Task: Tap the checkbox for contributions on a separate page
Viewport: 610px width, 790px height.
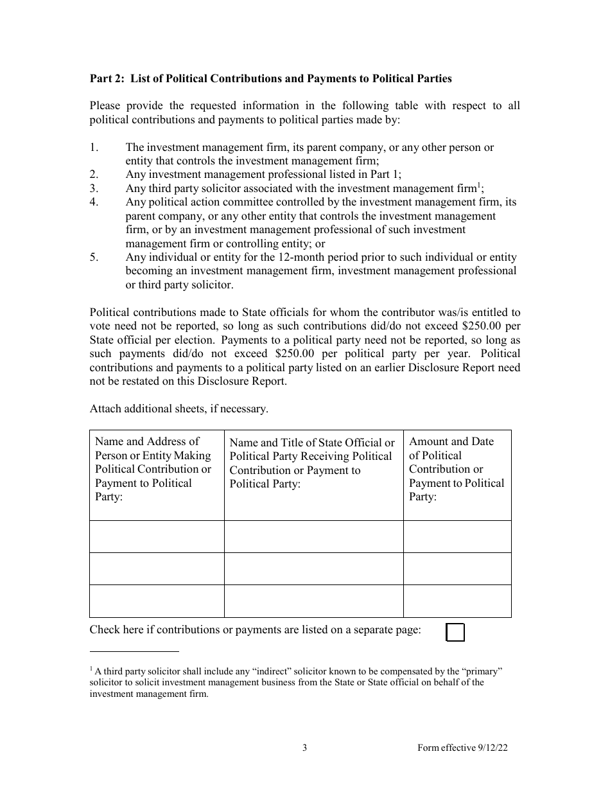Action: [455, 633]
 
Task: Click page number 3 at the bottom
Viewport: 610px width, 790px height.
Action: [305, 748]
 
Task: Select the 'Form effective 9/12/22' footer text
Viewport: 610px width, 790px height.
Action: [464, 748]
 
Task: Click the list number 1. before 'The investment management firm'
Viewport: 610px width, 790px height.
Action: [94, 147]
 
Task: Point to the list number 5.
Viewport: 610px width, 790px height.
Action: [94, 257]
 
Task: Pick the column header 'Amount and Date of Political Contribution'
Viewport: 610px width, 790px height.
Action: [457, 469]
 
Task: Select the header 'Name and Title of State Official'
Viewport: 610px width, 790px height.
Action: [312, 463]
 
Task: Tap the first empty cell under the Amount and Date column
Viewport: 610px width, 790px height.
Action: [457, 536]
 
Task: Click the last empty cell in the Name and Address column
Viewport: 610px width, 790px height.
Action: [157, 601]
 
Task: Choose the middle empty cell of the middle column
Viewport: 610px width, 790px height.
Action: [313, 568]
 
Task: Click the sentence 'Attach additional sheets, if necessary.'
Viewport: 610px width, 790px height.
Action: [179, 408]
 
